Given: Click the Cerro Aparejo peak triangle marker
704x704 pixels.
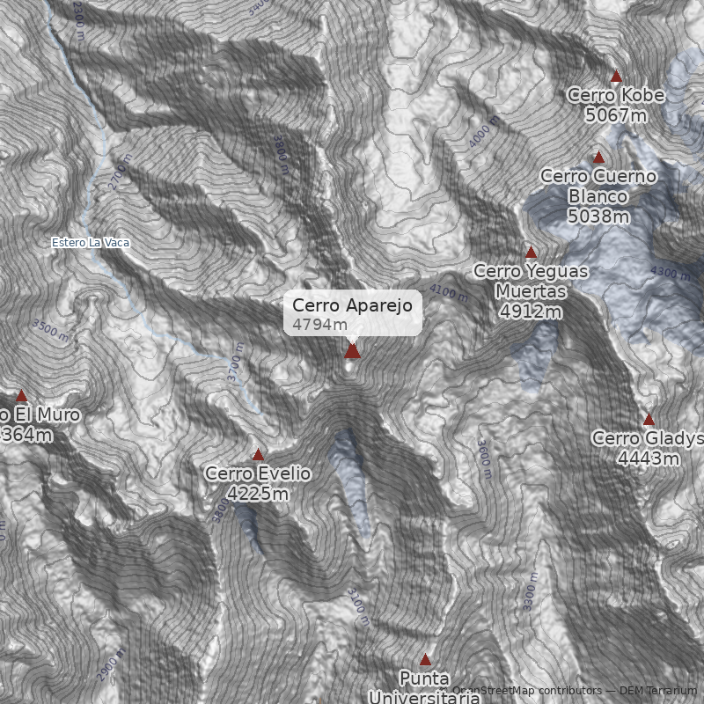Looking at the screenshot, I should coord(352,351).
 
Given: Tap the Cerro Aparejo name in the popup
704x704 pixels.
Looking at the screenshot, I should coord(352,305).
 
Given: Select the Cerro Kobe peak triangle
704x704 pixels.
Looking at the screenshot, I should coord(616,77).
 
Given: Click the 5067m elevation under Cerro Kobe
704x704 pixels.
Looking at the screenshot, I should coord(616,114).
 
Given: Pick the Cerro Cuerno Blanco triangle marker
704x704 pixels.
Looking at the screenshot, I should coord(598,158).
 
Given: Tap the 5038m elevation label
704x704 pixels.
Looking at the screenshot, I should coord(598,216).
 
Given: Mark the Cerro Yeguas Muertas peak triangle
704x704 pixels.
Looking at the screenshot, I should coord(531,253).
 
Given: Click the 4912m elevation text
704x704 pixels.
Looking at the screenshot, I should coord(531,312).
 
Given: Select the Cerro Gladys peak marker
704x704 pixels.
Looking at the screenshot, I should coord(649,420).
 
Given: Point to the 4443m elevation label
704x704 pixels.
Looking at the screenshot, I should coord(649,458).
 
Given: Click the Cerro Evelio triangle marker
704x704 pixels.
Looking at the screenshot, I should coord(258,455).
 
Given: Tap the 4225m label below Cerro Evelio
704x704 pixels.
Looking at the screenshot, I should coord(258,494).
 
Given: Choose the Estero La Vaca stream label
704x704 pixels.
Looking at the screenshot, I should coord(90,242).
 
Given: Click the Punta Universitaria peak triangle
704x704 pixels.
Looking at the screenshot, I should coord(426,659).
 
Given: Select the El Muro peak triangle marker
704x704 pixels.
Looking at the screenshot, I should coord(22,396).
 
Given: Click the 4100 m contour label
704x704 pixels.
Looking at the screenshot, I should coord(449,291).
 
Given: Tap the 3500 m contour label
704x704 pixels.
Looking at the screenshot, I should coord(50,331).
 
